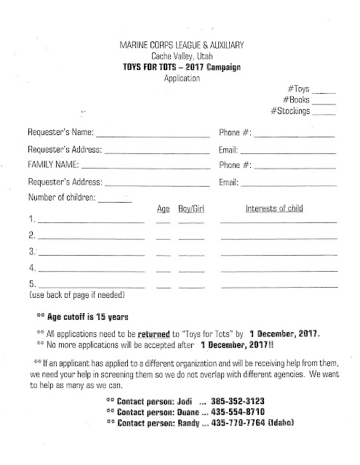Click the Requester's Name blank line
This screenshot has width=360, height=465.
click(x=152, y=137)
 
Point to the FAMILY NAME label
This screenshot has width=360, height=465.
click(x=54, y=166)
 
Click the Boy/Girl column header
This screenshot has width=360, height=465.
click(x=191, y=209)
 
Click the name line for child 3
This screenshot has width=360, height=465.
click(x=90, y=254)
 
